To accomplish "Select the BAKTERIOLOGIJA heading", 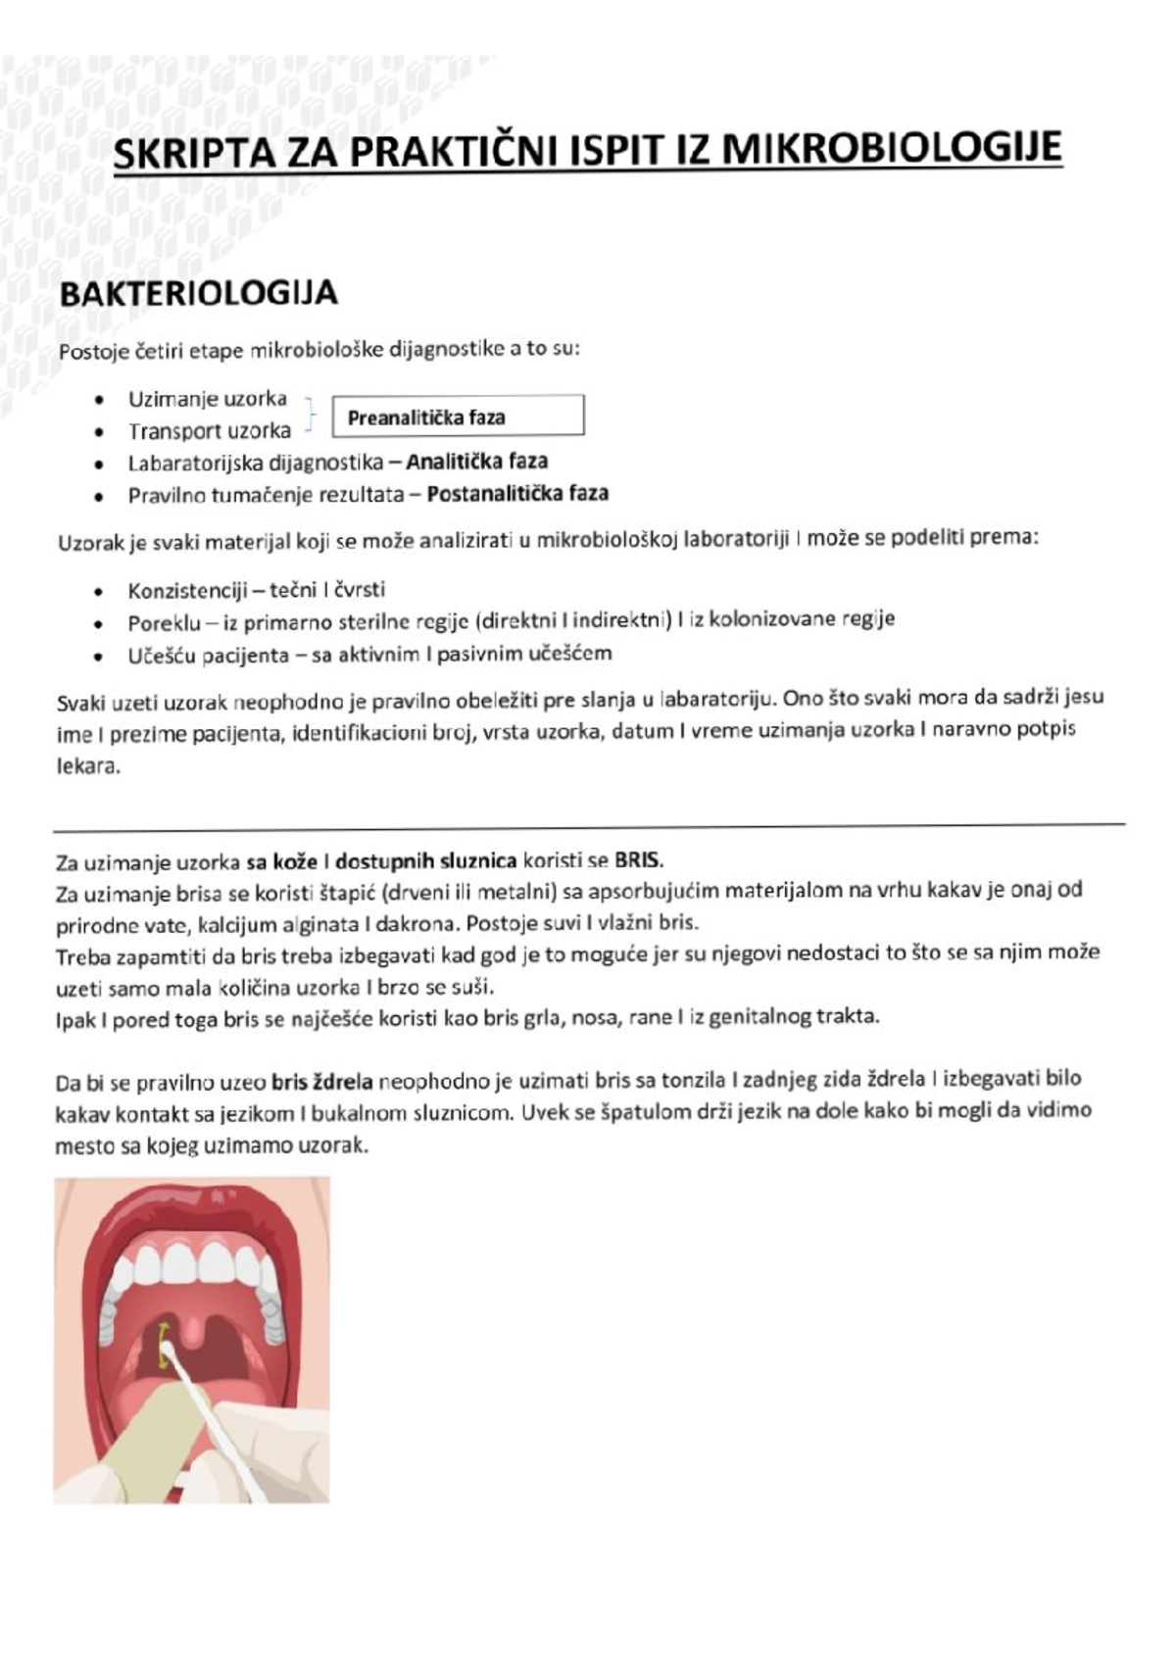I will click(199, 293).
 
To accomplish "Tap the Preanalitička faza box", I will click(458, 416).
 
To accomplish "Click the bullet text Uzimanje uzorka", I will click(207, 399).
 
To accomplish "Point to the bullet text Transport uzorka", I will click(209, 431).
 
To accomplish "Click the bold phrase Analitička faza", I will click(477, 462).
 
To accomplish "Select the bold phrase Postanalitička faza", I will click(517, 493).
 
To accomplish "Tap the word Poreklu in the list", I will click(164, 623).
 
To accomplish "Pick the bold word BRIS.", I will click(639, 861).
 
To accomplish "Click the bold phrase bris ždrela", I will click(322, 1083).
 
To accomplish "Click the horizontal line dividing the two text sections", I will click(588, 826).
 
